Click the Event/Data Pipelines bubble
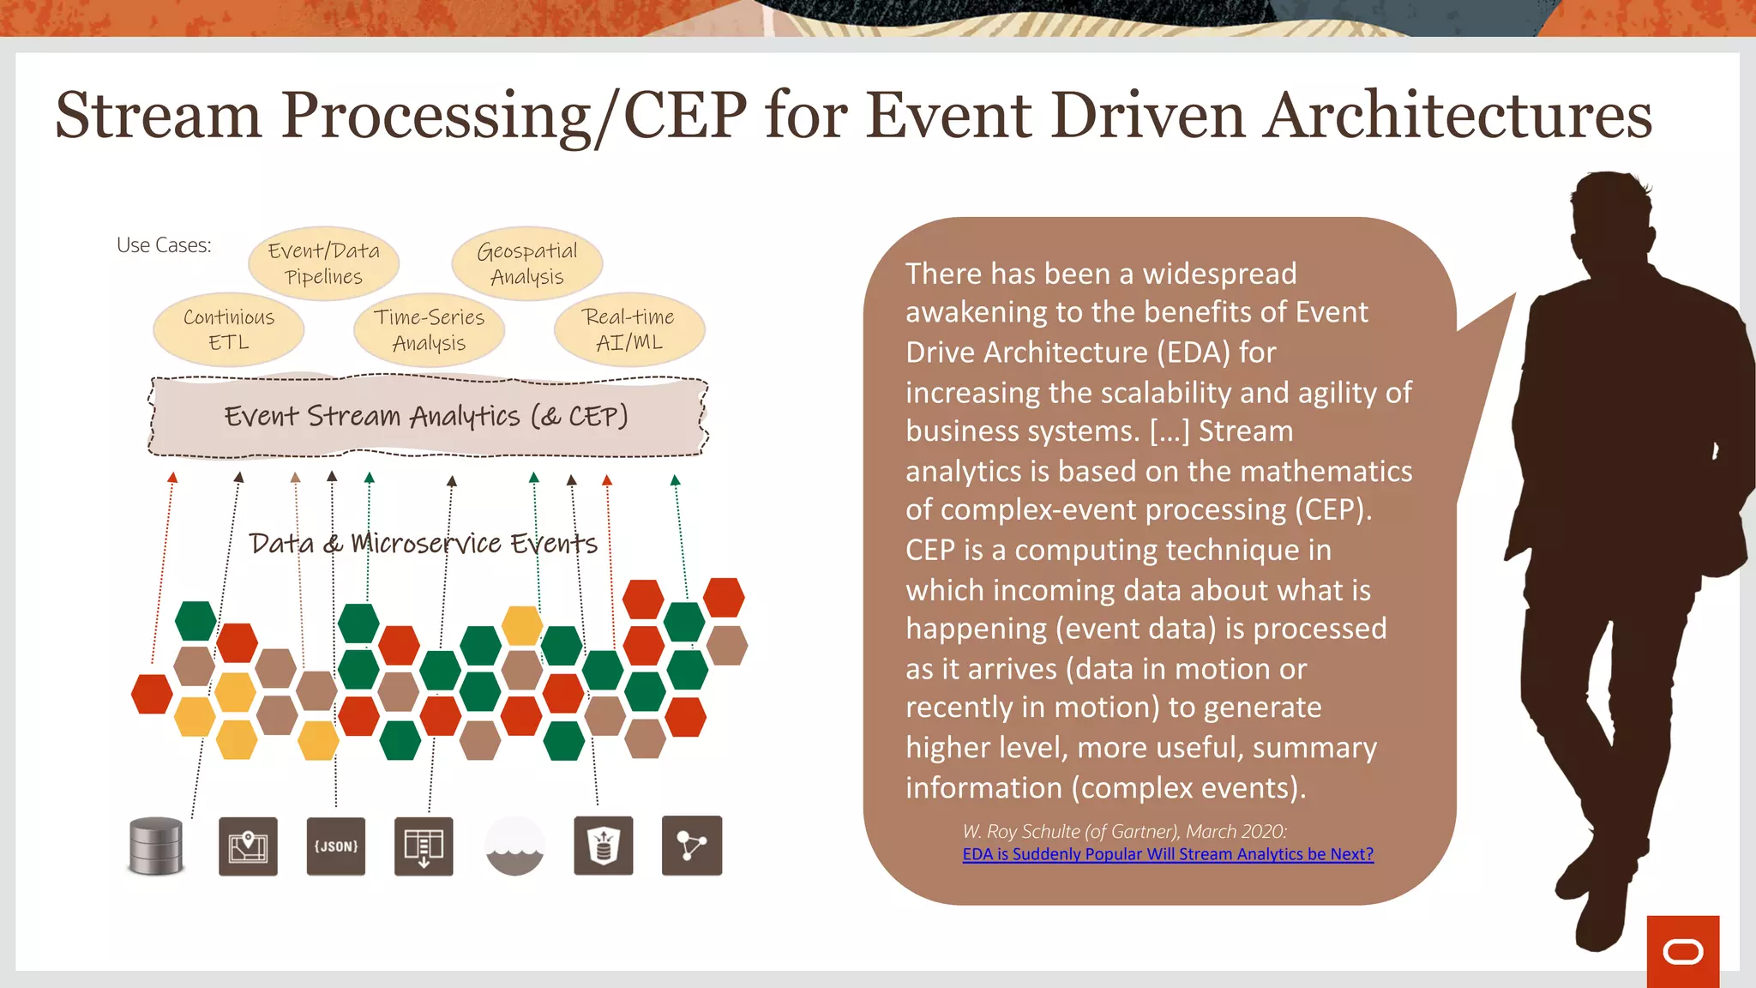[323, 263]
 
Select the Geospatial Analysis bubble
[526, 263]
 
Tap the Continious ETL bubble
[229, 329]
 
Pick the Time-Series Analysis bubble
[429, 329]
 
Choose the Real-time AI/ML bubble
[629, 329]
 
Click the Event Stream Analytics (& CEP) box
[427, 416]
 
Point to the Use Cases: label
[164, 245]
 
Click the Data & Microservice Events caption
[423, 543]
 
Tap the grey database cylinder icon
[156, 846]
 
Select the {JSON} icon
[335, 846]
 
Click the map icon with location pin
[248, 846]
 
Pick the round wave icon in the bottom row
[514, 846]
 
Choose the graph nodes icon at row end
[691, 846]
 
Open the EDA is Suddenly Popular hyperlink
[1167, 854]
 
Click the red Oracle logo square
[1682, 951]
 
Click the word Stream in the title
[159, 116]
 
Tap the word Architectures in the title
[1458, 116]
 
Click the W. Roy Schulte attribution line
[1123, 831]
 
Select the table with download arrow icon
[424, 846]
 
